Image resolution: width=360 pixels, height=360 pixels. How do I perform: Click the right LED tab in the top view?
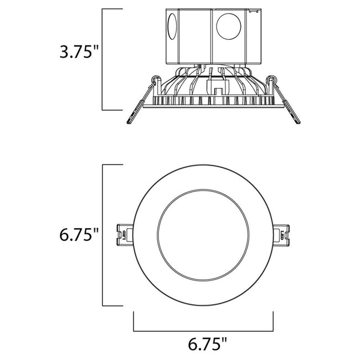[x=284, y=233]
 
